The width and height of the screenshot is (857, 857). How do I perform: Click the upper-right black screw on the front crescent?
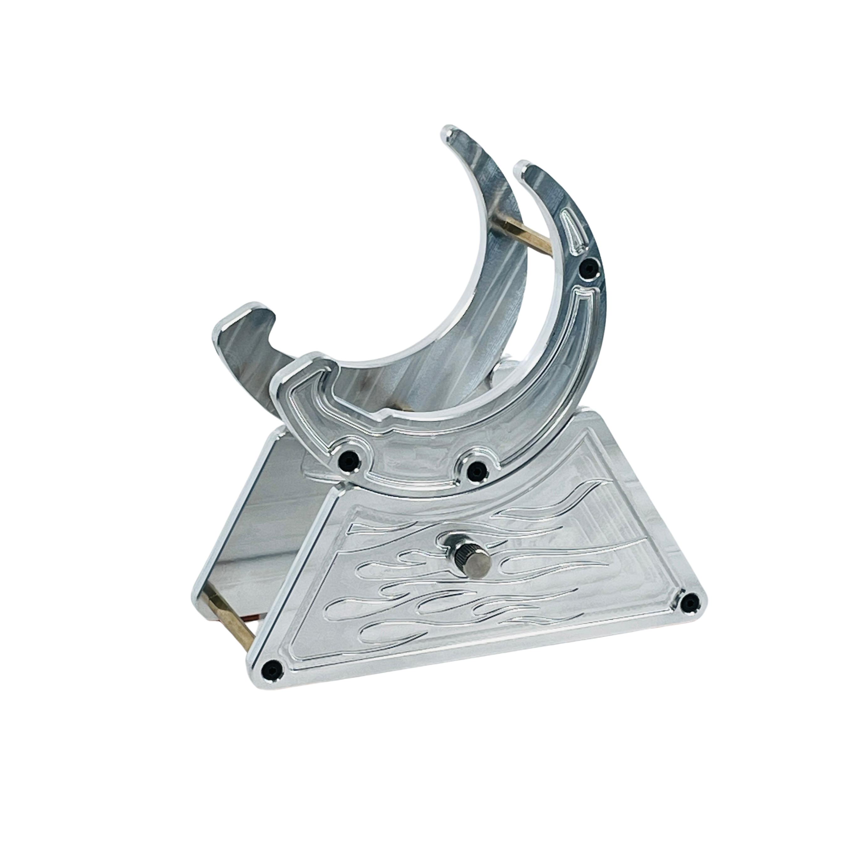pyautogui.click(x=588, y=267)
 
